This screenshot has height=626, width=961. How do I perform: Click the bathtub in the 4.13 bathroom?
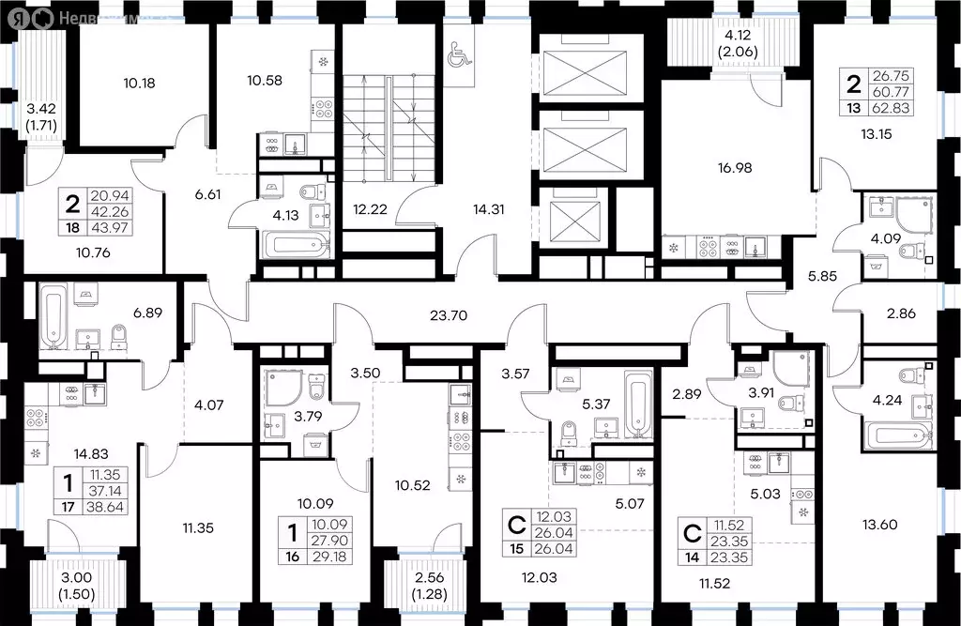coord(296,249)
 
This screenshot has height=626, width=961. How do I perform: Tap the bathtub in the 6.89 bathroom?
coord(53,313)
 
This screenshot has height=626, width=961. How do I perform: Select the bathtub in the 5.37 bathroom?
coord(638,405)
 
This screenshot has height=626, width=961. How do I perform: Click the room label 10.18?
coord(139,83)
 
